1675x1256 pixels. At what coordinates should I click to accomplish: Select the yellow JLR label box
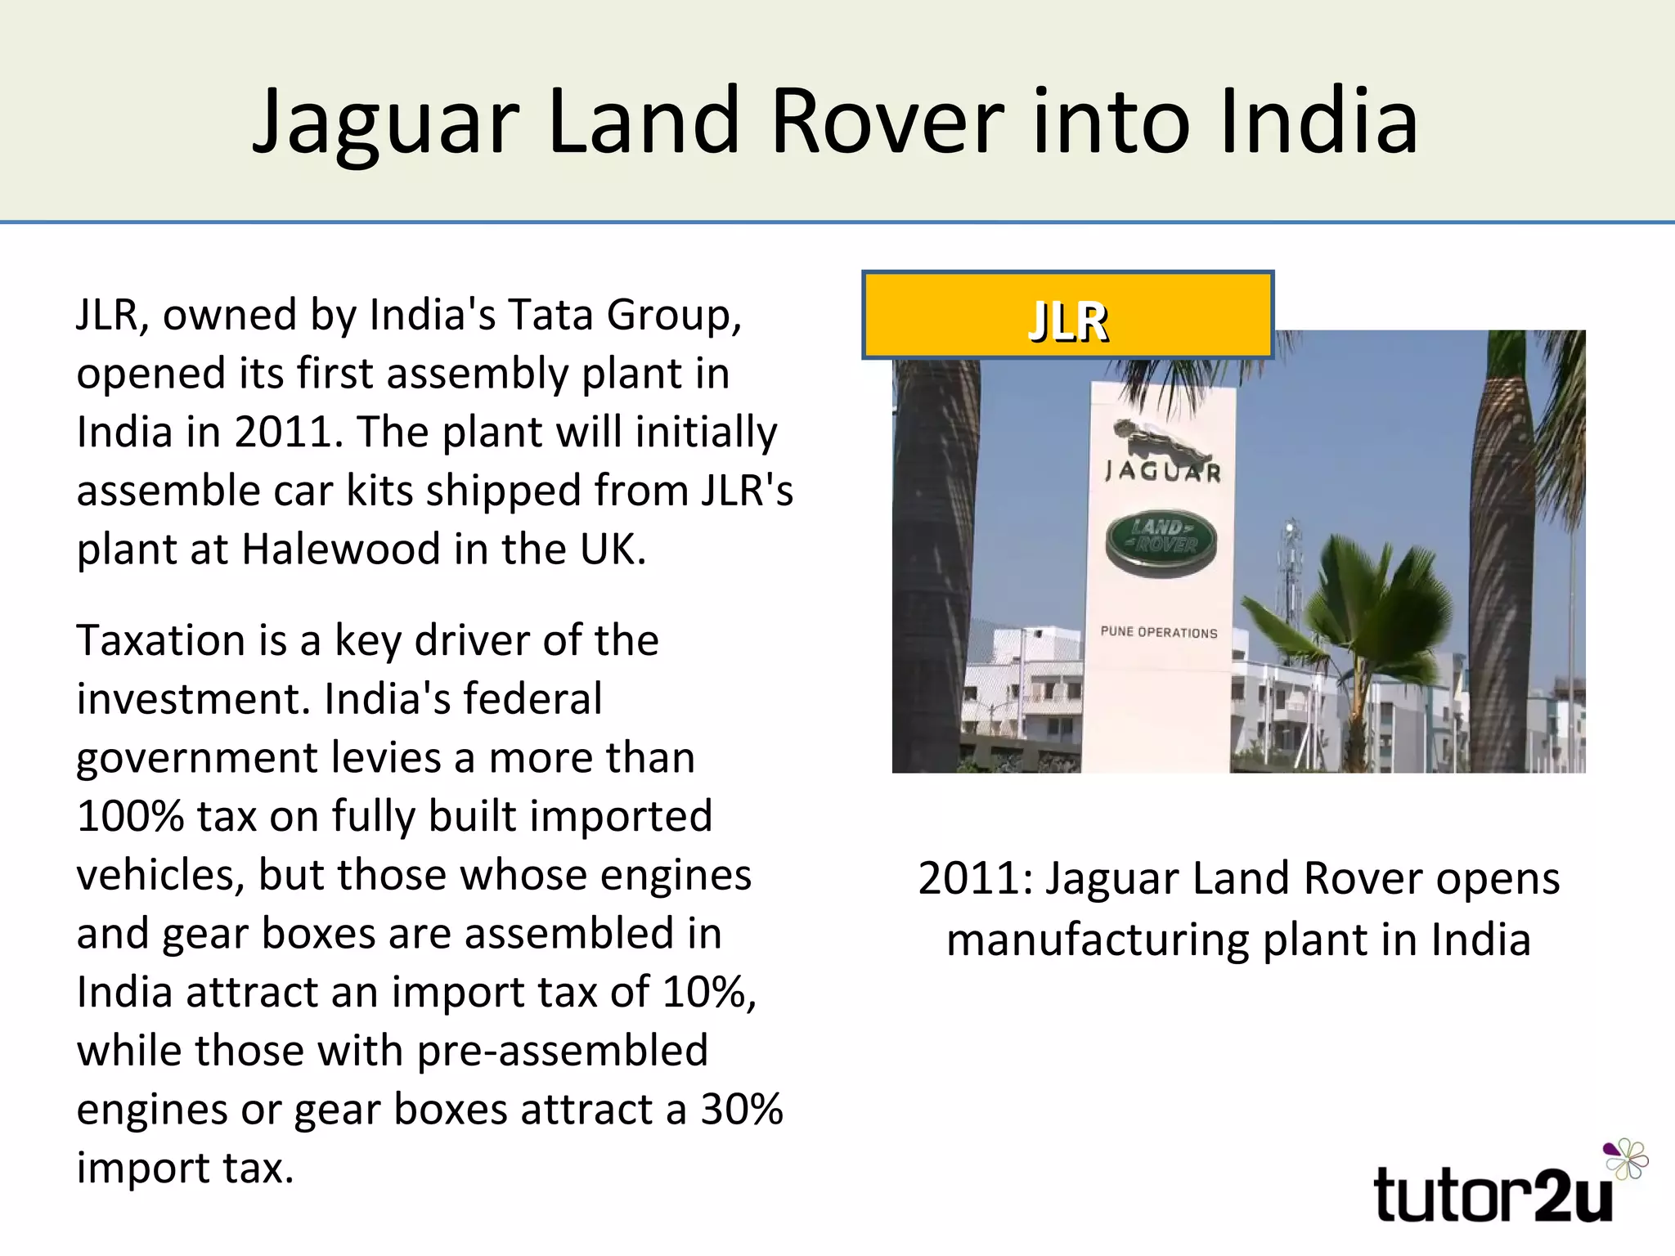(x=1067, y=316)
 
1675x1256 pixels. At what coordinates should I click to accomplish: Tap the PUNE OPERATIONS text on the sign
(x=1159, y=632)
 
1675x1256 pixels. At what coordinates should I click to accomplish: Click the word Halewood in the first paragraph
(x=341, y=549)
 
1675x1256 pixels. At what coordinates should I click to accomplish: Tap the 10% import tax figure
(x=708, y=992)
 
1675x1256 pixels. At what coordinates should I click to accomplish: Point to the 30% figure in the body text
(x=742, y=1110)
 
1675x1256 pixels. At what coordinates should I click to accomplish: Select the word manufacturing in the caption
(x=1098, y=940)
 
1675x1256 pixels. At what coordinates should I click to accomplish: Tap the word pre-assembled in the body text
(x=563, y=1051)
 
